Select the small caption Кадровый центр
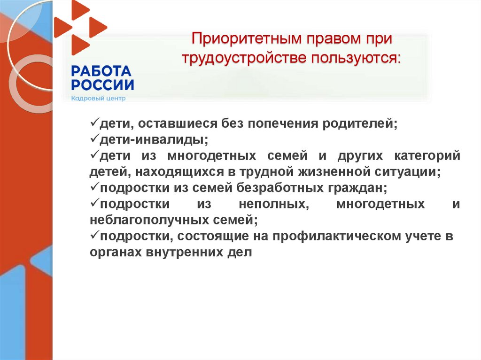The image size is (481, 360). pyautogui.click(x=98, y=99)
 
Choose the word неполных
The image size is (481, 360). pyautogui.click(x=273, y=204)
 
